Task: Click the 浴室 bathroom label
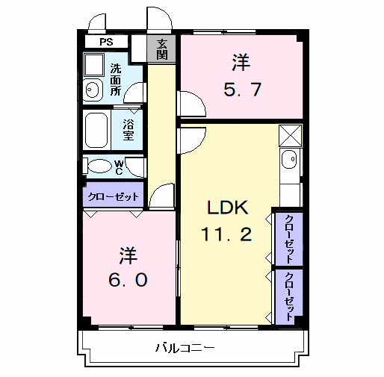click(x=128, y=130)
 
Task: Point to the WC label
click(x=119, y=167)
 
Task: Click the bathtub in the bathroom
click(x=98, y=130)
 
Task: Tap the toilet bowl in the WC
click(x=97, y=166)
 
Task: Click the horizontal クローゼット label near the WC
click(x=112, y=197)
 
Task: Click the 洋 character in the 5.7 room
click(x=241, y=62)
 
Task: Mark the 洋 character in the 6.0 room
click(x=128, y=254)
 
